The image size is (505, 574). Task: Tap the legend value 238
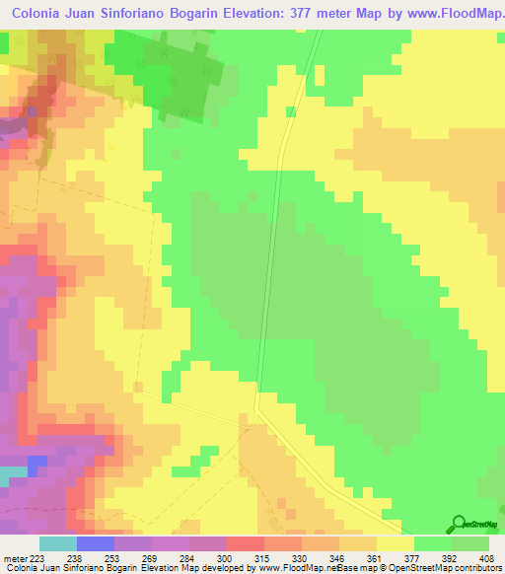click(75, 557)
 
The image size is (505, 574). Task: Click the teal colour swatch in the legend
click(57, 543)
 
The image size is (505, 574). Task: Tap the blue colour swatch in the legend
click(95, 543)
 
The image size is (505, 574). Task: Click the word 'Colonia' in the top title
click(41, 16)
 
